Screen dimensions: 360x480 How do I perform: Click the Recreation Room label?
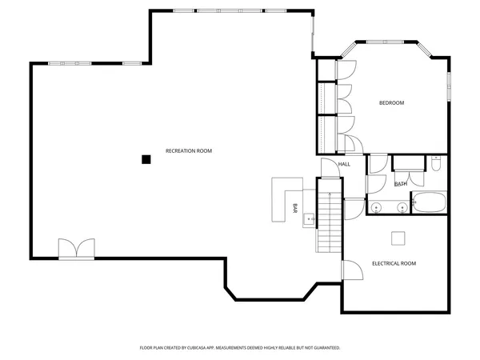coord(188,151)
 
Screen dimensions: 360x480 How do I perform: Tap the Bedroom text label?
coord(391,102)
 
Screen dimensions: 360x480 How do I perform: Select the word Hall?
coord(344,164)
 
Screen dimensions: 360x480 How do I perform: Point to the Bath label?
coord(400,184)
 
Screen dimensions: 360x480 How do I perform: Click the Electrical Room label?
coord(394,263)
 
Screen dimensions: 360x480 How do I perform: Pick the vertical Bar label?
coord(295,208)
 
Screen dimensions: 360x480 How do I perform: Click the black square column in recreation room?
coord(146,159)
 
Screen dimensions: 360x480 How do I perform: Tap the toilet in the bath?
coord(435,164)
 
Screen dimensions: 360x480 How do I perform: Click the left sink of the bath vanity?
coord(379,208)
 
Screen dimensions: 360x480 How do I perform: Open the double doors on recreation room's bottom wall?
coord(77,249)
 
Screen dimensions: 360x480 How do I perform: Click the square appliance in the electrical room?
coord(398,238)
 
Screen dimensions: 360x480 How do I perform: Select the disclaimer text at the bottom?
coord(240,348)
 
